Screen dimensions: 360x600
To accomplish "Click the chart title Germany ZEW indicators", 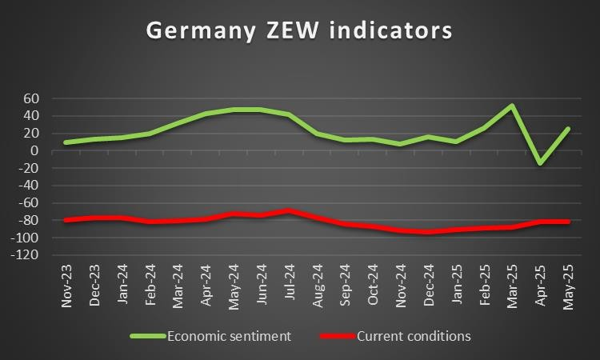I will (x=299, y=31).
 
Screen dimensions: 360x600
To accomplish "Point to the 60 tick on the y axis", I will (x=32, y=98).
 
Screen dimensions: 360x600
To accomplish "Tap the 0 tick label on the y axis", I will (x=36, y=150).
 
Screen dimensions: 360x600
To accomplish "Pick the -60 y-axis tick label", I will (x=29, y=203).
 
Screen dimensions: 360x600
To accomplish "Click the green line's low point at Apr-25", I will (x=541, y=163).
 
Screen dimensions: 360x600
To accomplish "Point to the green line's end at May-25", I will (x=569, y=129).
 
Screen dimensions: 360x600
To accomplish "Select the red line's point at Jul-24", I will (x=289, y=211).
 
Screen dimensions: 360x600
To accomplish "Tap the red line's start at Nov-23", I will (x=66, y=220).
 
